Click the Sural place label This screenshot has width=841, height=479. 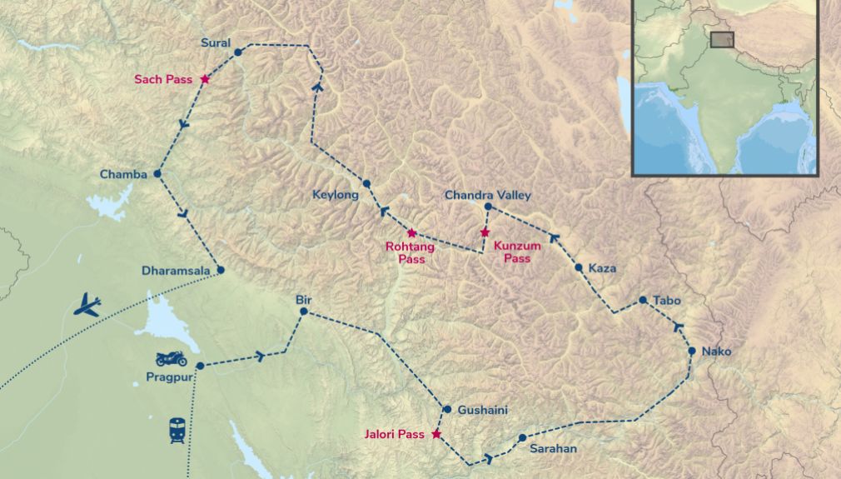pyautogui.click(x=216, y=42)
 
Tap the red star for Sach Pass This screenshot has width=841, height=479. pyautogui.click(x=204, y=79)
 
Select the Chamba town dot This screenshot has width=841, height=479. pyautogui.click(x=157, y=174)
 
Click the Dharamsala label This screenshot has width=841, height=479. pyautogui.click(x=177, y=271)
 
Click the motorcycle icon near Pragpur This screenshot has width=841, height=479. pyautogui.click(x=171, y=359)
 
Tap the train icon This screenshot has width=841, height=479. pyautogui.click(x=177, y=429)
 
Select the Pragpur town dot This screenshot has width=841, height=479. pyautogui.click(x=200, y=366)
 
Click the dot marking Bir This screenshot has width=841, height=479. pyautogui.click(x=304, y=312)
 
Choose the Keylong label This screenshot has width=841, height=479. pyautogui.click(x=335, y=196)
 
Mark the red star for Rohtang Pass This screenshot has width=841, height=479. pyautogui.click(x=411, y=233)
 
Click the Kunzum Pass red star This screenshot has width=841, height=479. pyautogui.click(x=485, y=232)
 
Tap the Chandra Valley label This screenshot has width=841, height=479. pyautogui.click(x=487, y=195)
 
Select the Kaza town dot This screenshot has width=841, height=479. pyautogui.click(x=579, y=267)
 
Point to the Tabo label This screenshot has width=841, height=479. pyautogui.click(x=667, y=300)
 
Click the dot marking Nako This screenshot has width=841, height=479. pyautogui.click(x=692, y=352)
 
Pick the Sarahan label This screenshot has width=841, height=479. pyautogui.click(x=553, y=449)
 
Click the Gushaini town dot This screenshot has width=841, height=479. pyautogui.click(x=447, y=410)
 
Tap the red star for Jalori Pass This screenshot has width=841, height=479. pyautogui.click(x=435, y=434)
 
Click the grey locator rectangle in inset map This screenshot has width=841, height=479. pyautogui.click(x=723, y=40)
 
